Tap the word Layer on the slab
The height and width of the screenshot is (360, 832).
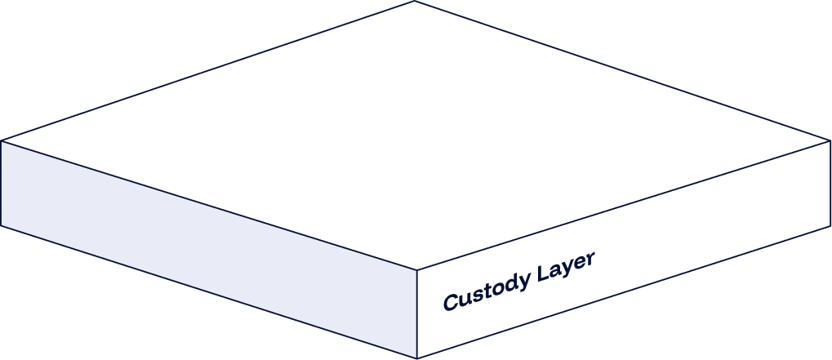(x=565, y=269)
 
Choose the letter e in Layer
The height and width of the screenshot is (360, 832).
(x=579, y=265)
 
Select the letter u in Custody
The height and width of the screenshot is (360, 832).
(x=463, y=298)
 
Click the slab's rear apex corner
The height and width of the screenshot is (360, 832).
(x=415, y=2)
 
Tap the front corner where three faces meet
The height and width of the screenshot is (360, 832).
(x=417, y=269)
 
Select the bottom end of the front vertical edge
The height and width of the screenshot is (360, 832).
(x=417, y=358)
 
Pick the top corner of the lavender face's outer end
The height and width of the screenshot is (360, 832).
(x=2, y=141)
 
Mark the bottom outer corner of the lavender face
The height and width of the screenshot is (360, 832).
(x=2, y=225)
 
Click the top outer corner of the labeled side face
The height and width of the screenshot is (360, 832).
(x=829, y=141)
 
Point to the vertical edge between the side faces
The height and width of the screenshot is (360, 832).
(x=417, y=313)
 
